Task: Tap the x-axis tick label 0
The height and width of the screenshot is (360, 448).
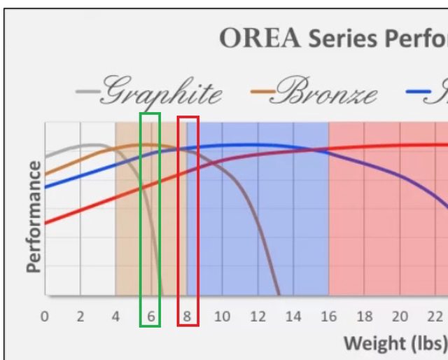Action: (x=45, y=317)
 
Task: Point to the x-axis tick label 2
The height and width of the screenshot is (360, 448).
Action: (x=80, y=317)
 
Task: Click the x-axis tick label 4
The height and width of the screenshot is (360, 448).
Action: (x=115, y=317)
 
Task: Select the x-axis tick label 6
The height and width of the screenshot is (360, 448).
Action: (x=151, y=317)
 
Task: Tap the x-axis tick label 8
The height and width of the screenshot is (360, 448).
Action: (x=187, y=317)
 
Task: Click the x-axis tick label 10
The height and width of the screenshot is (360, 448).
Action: (x=222, y=317)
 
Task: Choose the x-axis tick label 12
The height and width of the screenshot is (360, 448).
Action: (x=258, y=317)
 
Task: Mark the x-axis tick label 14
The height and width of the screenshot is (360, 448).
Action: (x=293, y=317)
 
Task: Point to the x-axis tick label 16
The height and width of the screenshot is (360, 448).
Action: (x=328, y=317)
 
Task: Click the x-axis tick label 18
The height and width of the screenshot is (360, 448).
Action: (x=364, y=317)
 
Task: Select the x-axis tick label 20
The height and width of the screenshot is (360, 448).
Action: (x=400, y=317)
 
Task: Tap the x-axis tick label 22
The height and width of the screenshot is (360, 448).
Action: (x=435, y=317)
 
